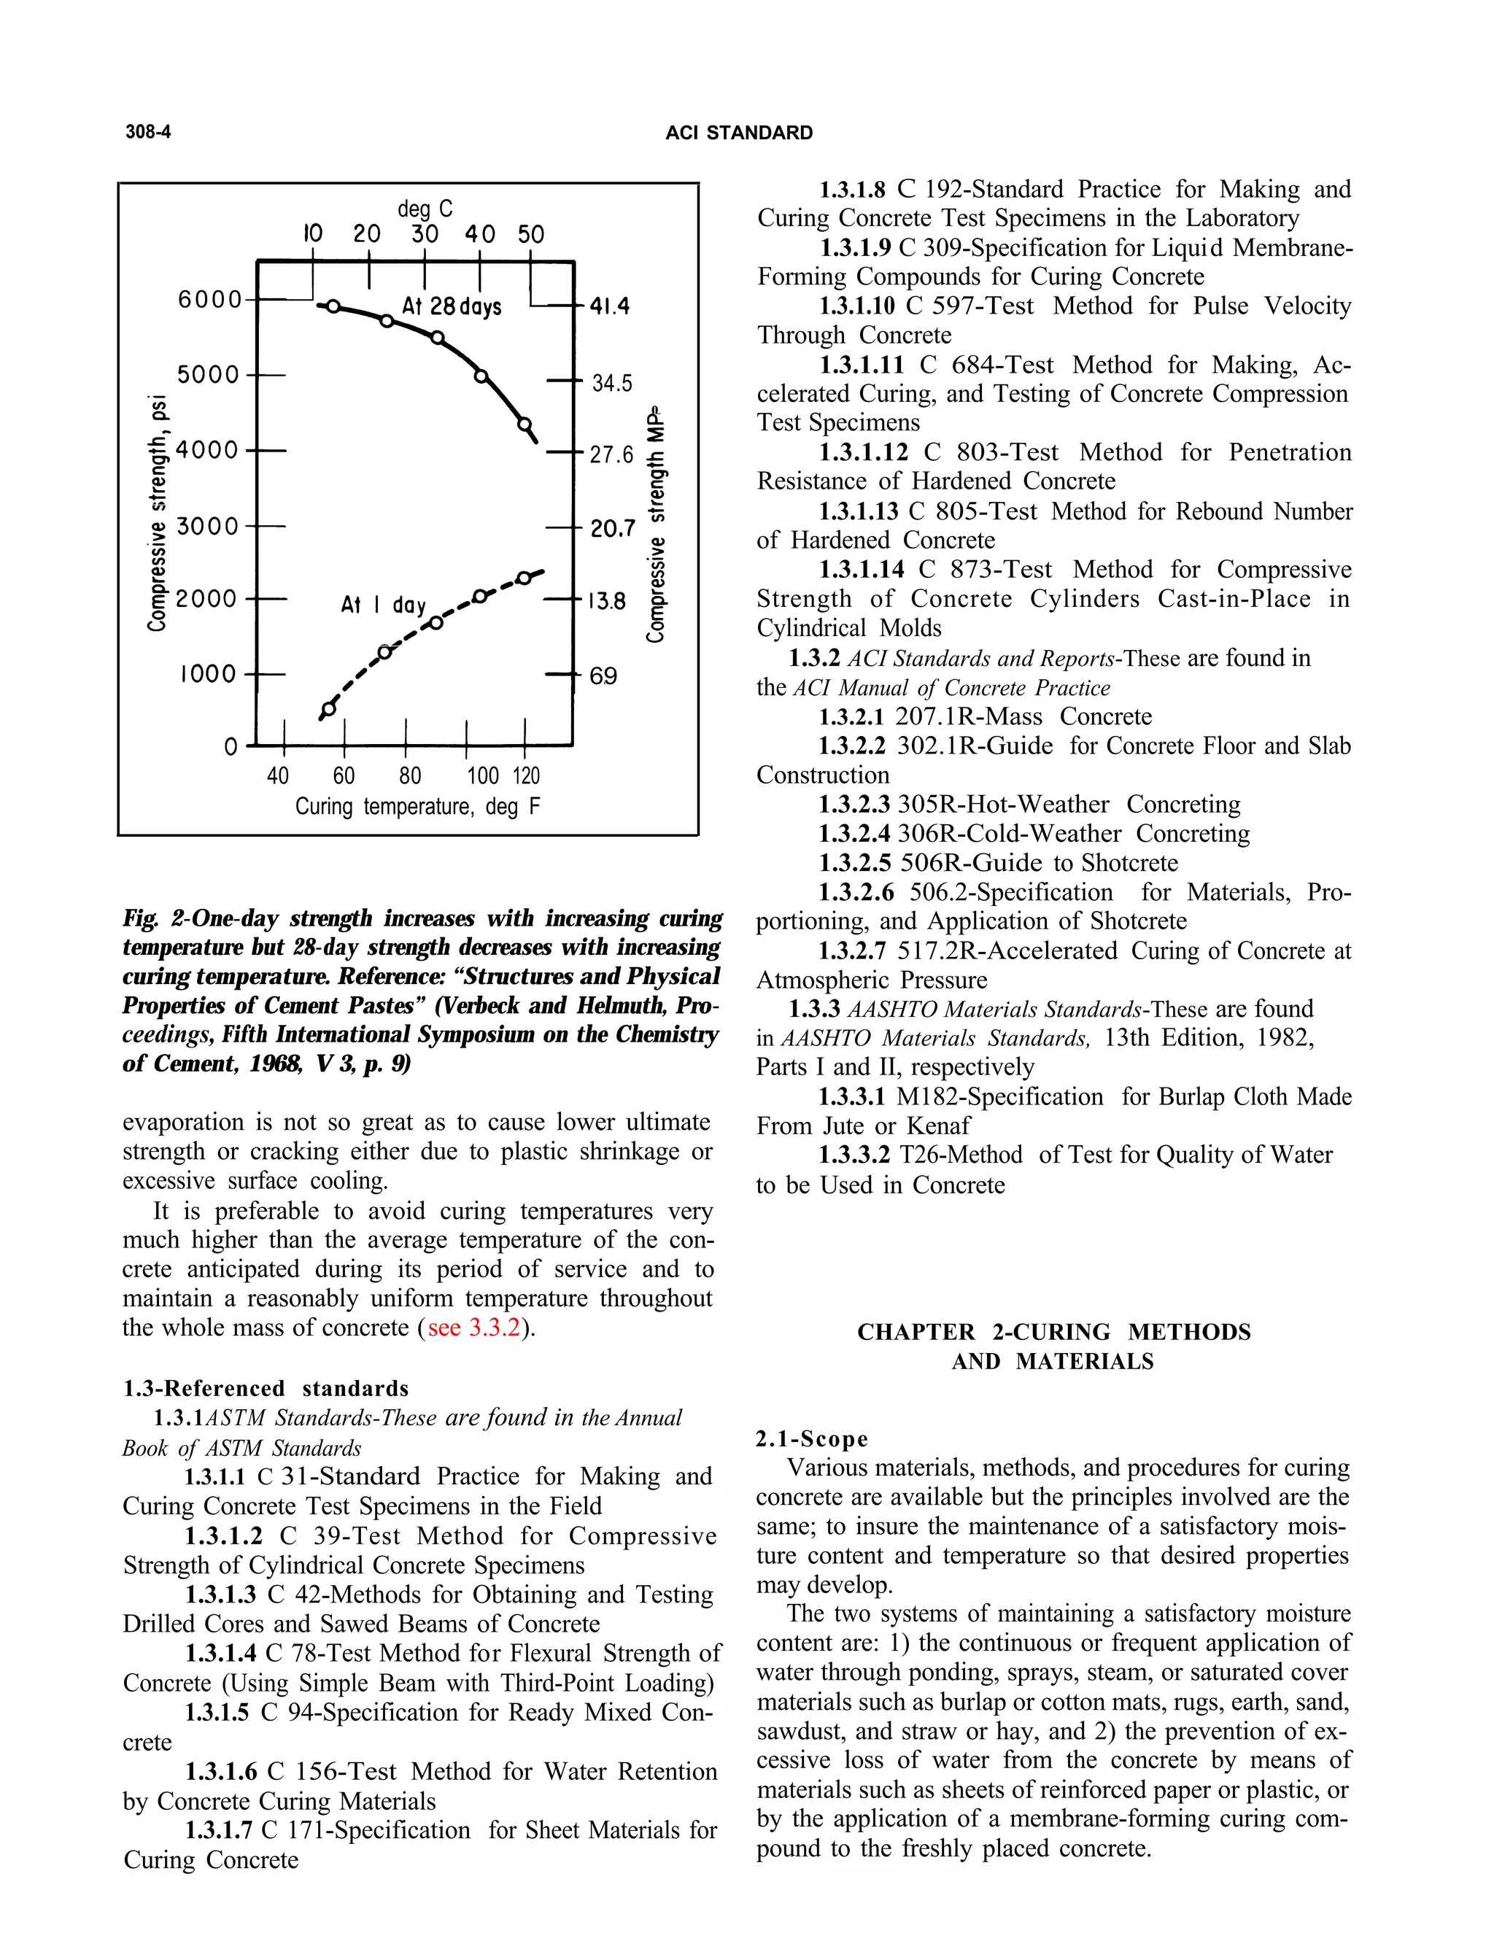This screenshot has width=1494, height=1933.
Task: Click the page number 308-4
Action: [x=148, y=132]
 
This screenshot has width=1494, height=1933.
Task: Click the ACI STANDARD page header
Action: [x=738, y=133]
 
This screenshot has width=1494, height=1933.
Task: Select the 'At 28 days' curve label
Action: [x=452, y=306]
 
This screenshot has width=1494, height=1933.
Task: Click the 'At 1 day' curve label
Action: [x=383, y=605]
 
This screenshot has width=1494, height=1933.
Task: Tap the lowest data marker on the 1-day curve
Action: [x=329, y=709]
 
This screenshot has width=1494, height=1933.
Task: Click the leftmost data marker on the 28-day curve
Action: [x=333, y=306]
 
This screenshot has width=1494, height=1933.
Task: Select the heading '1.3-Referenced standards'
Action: [x=266, y=1388]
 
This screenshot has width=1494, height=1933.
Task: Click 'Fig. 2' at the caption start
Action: [x=145, y=918]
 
